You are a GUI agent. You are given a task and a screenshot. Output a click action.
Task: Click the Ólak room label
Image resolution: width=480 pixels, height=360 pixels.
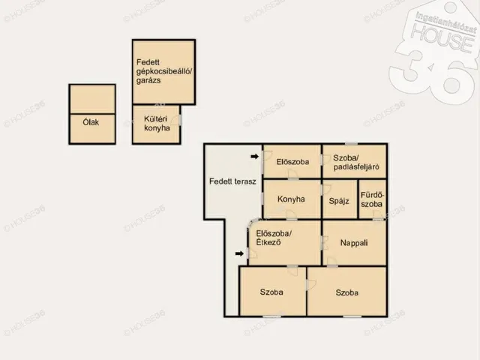click(x=91, y=122)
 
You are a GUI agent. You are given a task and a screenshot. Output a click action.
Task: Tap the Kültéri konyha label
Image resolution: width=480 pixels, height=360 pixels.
click(x=157, y=123)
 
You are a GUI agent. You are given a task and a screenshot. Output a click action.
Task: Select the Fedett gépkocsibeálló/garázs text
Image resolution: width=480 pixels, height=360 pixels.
click(x=164, y=71)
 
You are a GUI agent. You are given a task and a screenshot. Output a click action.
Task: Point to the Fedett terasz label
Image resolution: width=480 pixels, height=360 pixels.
click(x=232, y=181)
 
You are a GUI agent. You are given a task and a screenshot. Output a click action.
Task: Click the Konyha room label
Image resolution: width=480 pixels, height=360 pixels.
click(x=291, y=199)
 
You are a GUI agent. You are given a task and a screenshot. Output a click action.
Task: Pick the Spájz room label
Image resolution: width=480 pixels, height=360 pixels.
click(x=339, y=201)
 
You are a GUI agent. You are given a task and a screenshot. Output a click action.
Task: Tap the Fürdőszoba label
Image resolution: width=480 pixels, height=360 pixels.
click(x=372, y=199)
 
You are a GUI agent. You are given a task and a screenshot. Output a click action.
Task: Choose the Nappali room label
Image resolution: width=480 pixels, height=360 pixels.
click(x=354, y=243)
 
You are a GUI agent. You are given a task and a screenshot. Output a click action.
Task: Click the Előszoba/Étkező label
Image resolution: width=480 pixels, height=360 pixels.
click(x=274, y=238)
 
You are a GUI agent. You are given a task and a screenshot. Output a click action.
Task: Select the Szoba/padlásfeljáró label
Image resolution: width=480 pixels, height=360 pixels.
click(x=356, y=162)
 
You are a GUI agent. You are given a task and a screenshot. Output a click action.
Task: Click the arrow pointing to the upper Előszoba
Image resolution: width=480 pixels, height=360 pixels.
click(x=255, y=157)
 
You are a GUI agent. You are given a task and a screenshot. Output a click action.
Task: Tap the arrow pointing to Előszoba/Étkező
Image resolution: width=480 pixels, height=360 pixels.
click(x=239, y=253)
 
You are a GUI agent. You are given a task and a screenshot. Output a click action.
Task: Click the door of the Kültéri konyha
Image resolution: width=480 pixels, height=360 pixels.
click(x=176, y=120)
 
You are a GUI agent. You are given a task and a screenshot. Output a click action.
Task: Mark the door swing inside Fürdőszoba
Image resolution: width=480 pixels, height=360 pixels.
click(x=378, y=214)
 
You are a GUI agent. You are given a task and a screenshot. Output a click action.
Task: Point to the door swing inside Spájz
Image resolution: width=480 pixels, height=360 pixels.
click(x=326, y=190)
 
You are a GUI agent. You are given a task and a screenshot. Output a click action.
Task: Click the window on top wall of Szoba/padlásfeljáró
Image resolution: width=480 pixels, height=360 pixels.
click(x=351, y=143)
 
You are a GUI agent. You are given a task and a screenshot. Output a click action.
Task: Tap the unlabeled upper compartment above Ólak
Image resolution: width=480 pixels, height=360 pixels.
click(x=92, y=100)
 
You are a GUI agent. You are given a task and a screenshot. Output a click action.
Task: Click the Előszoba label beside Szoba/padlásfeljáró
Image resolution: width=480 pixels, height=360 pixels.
click(x=292, y=162)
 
